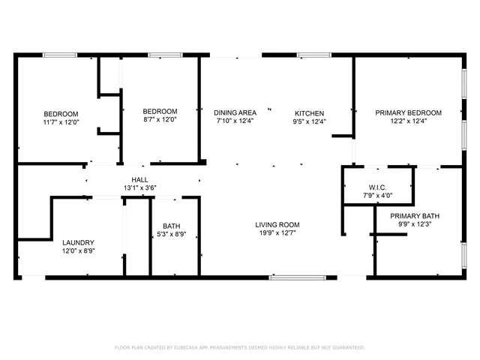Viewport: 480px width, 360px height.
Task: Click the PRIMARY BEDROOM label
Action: click(408, 112)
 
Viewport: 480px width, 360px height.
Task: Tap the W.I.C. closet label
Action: click(376, 187)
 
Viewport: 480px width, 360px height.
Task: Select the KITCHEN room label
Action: click(308, 112)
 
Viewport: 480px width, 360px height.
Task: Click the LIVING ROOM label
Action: click(277, 224)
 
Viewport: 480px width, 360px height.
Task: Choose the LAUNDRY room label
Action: click(78, 242)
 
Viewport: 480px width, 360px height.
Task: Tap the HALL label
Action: click(140, 179)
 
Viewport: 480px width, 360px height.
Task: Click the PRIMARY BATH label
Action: click(414, 216)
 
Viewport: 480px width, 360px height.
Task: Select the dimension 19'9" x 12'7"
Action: click(277, 232)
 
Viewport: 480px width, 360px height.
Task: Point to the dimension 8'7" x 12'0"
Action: click(160, 121)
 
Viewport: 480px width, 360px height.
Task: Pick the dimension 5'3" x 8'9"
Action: click(172, 234)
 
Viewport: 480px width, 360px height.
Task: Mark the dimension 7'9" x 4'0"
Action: click(376, 195)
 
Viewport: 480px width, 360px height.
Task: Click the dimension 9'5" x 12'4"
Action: click(308, 121)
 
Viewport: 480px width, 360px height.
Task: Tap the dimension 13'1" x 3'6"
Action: click(140, 187)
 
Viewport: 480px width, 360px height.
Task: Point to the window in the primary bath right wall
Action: click(463, 256)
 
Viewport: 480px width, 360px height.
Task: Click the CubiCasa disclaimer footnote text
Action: click(239, 347)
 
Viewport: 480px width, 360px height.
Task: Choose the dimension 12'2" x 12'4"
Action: click(408, 121)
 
